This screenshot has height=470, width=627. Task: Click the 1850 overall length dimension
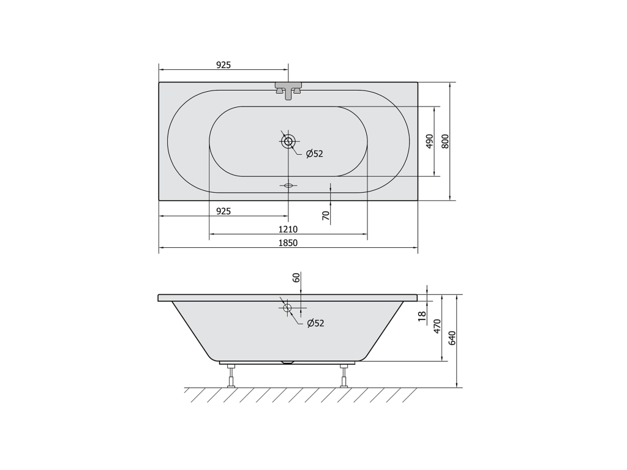tap(288, 242)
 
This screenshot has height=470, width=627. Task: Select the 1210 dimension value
tap(288, 229)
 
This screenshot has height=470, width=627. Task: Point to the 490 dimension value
tap(429, 141)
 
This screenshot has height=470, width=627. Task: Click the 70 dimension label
tap(326, 215)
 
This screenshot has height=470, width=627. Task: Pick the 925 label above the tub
tap(223, 65)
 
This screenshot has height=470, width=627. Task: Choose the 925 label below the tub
tap(223, 211)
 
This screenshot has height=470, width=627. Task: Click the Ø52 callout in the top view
tap(314, 154)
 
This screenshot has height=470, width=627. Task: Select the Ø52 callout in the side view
tap(315, 323)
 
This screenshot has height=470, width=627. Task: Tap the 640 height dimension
tap(452, 338)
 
